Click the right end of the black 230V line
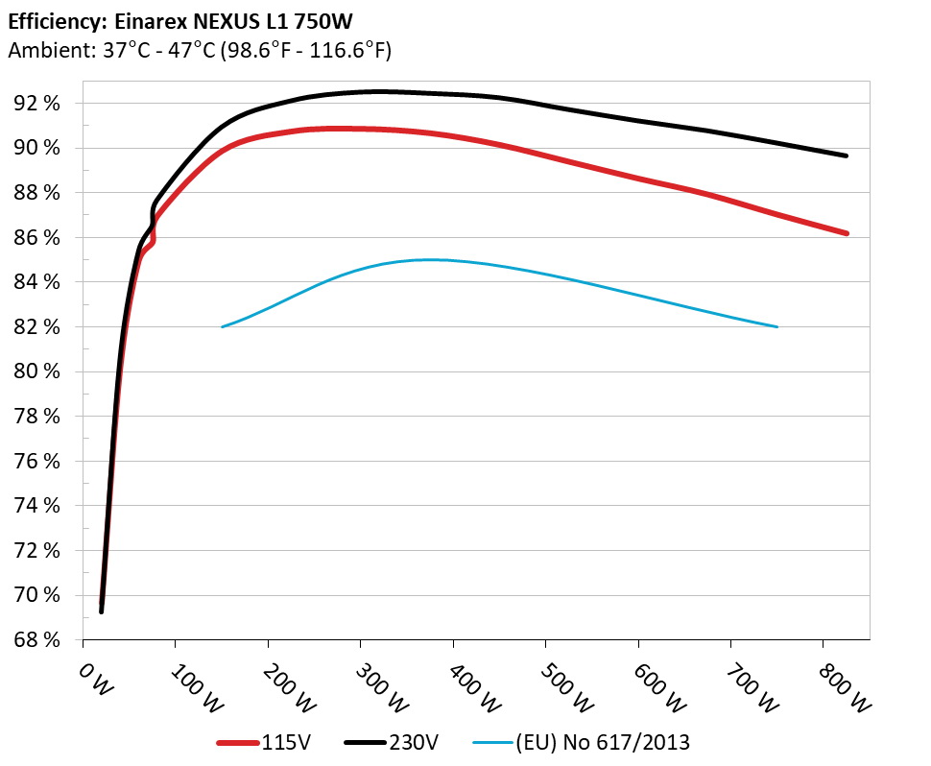[x=846, y=156]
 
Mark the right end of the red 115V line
[x=846, y=233]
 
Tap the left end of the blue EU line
[x=223, y=327]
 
